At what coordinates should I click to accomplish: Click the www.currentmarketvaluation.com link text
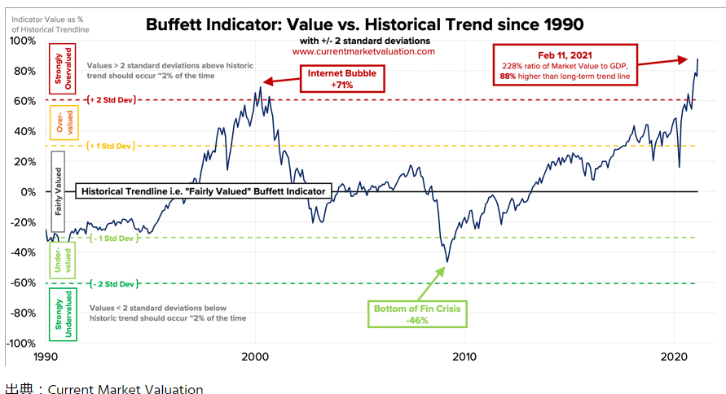[363, 51]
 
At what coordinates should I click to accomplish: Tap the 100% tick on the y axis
[23, 41]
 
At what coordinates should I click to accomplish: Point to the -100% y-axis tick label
[21, 344]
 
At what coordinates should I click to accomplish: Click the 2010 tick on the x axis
[465, 358]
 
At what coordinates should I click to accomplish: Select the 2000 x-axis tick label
[256, 358]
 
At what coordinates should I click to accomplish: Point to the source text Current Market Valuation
[125, 388]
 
